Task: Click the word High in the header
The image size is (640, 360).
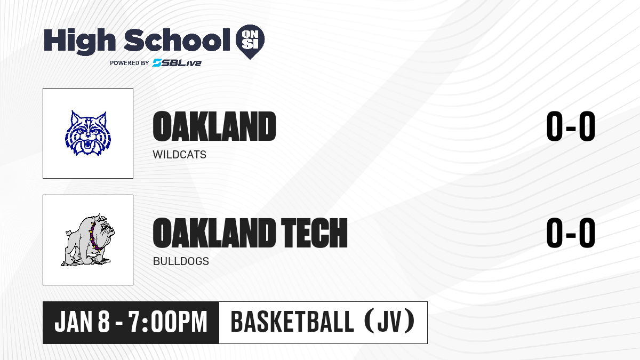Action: click(79, 41)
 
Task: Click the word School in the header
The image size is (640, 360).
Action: click(177, 40)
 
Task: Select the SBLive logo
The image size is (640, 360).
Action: click(177, 63)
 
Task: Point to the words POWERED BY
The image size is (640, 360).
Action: click(130, 63)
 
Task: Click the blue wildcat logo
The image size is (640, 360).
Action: click(88, 133)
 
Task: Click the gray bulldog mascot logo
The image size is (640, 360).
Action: click(88, 240)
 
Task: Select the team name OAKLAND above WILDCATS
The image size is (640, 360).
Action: click(214, 126)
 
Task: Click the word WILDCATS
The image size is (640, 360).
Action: click(179, 155)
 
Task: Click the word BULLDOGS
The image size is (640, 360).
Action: click(181, 261)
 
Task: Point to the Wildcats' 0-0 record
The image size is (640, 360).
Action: click(571, 126)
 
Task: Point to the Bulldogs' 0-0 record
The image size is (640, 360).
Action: click(571, 233)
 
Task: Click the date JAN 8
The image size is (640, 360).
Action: click(82, 322)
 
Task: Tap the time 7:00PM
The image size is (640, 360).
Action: click(167, 322)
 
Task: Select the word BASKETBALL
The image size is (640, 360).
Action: click(292, 322)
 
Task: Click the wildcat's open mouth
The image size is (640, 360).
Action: click(88, 143)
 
